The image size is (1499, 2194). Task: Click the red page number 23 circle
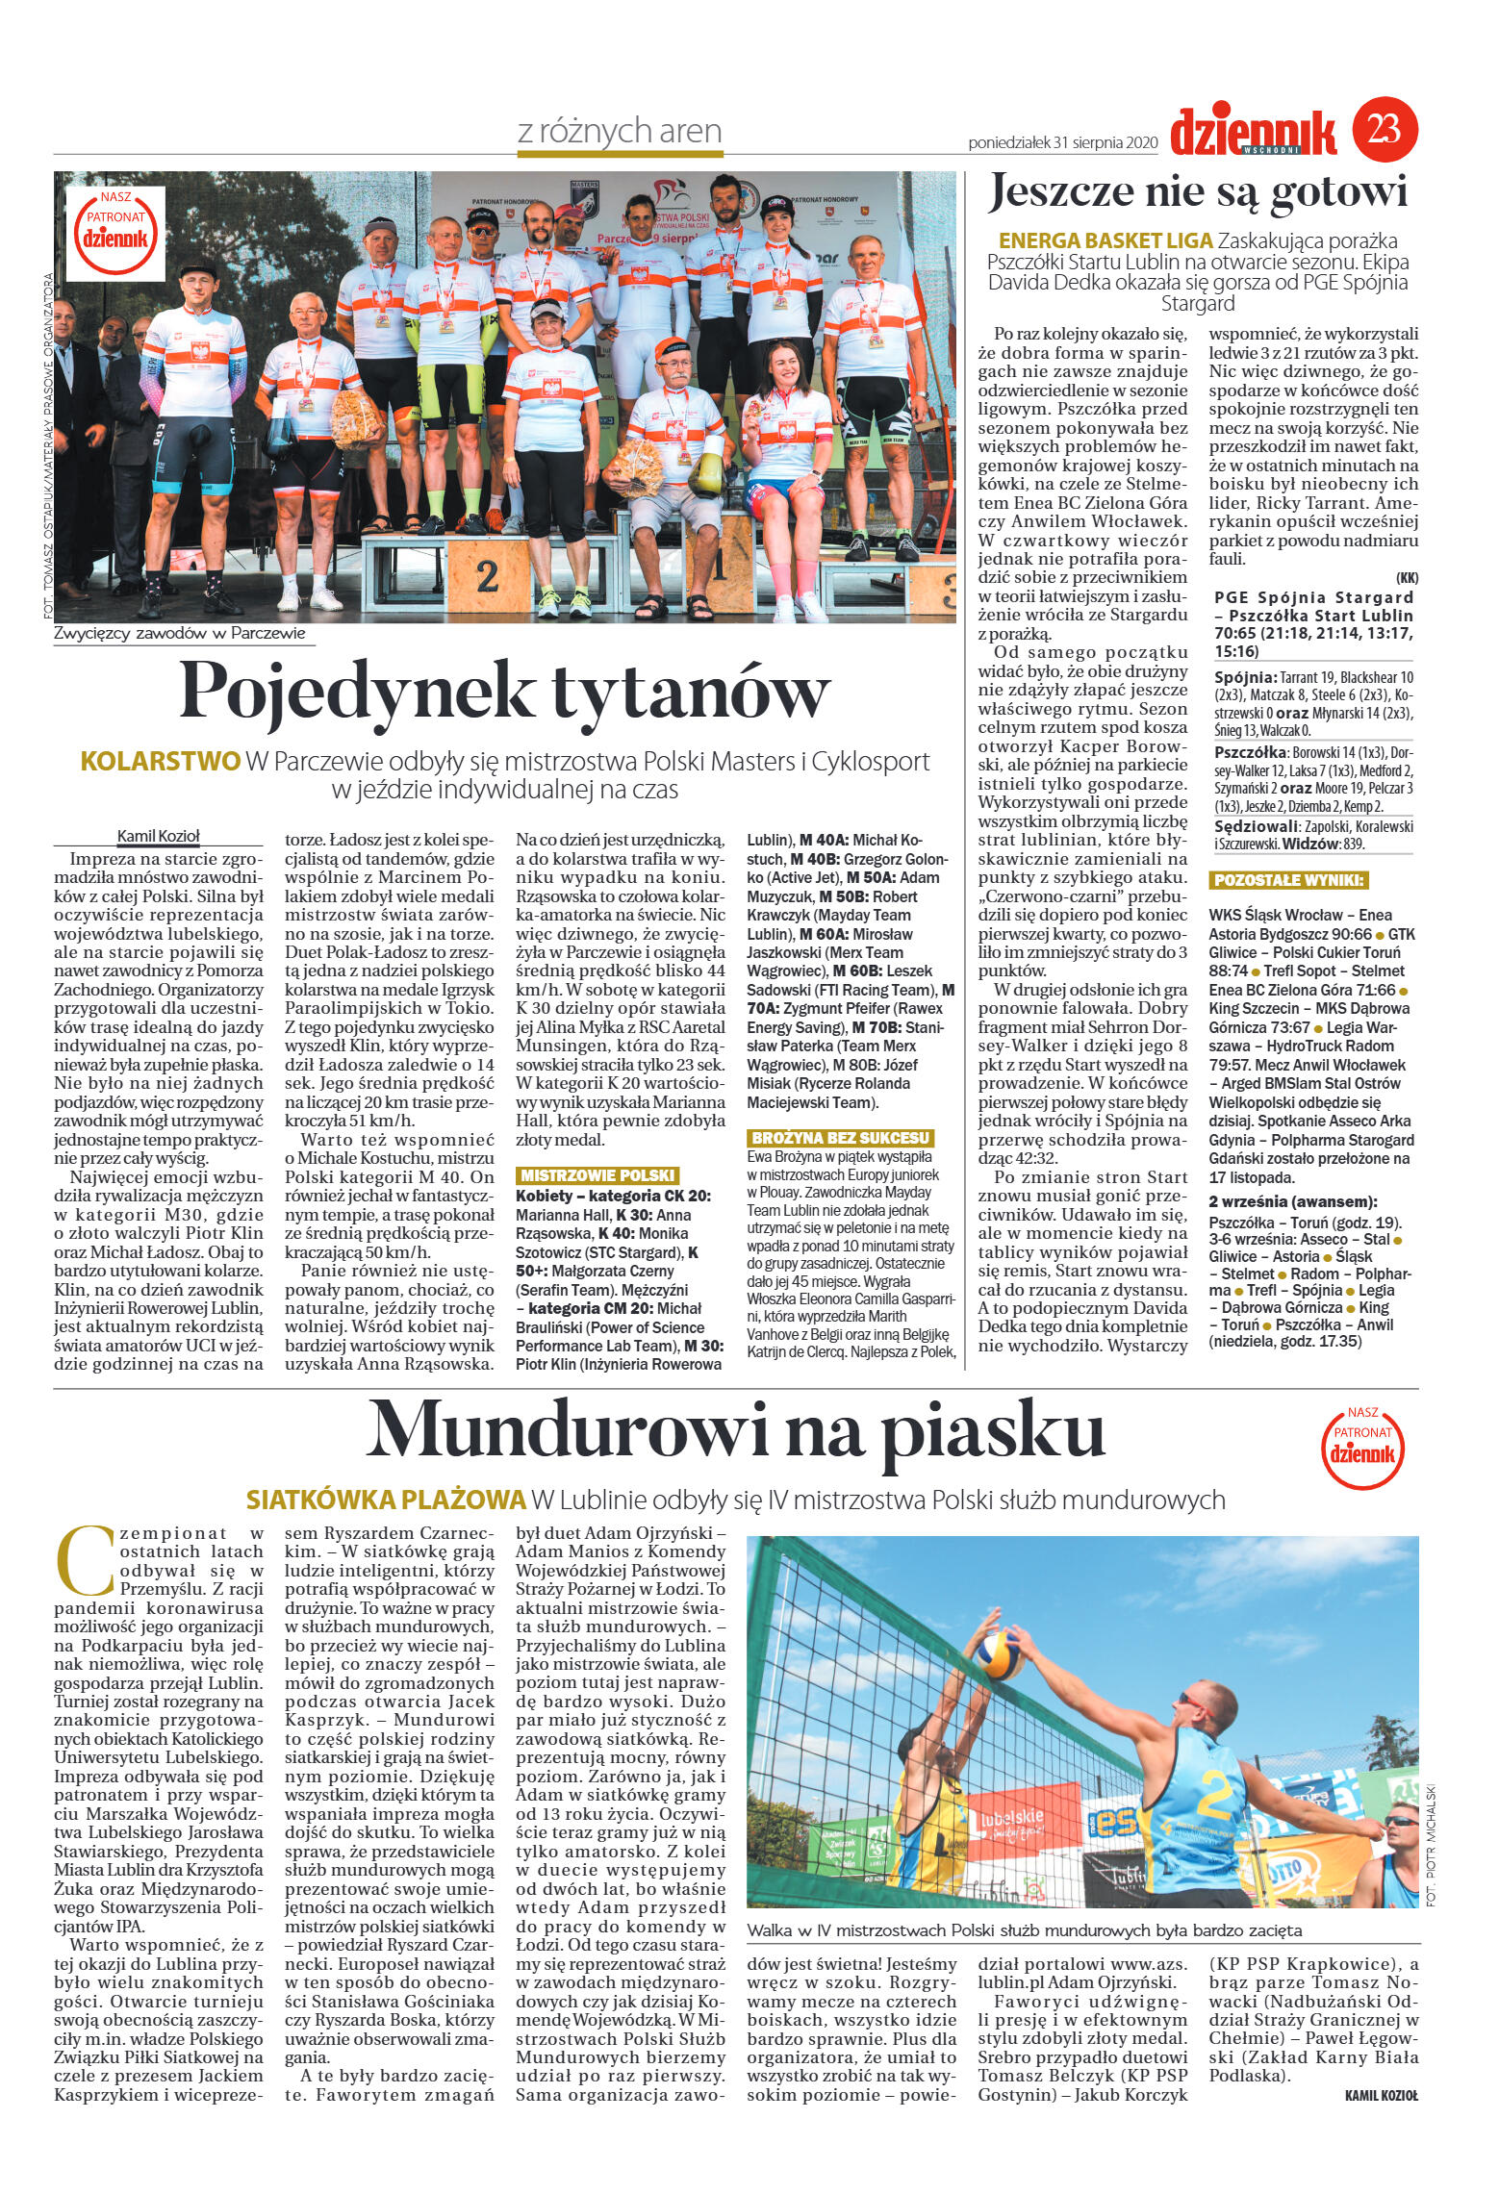(1385, 126)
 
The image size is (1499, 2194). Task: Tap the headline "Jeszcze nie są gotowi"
(1199, 192)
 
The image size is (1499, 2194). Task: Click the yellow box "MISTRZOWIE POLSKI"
(597, 1175)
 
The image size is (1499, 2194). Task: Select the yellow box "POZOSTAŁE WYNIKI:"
(1288, 880)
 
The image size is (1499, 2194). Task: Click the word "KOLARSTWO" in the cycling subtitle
(160, 761)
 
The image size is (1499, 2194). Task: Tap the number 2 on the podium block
(487, 576)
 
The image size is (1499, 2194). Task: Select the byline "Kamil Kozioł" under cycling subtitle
(158, 836)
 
